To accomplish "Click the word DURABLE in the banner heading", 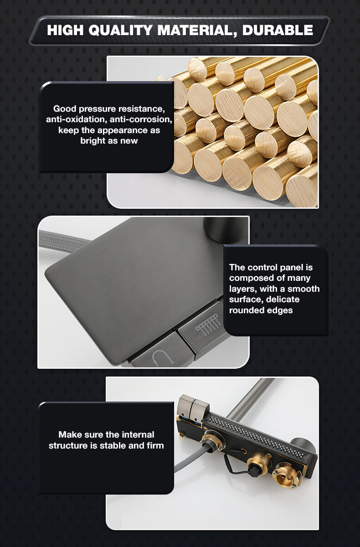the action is tap(278, 30).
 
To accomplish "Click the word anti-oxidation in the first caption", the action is tap(77, 119).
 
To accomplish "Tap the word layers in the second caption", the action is tap(243, 289).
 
